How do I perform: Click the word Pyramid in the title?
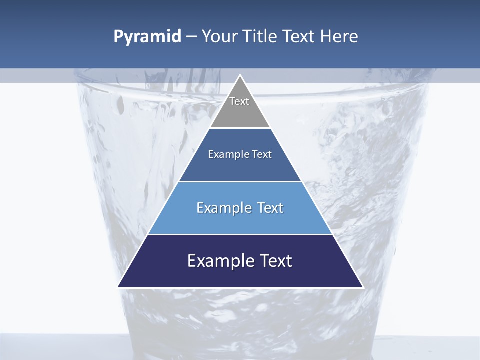[x=147, y=37]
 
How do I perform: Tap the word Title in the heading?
[x=259, y=37]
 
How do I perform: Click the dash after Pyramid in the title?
[x=191, y=37]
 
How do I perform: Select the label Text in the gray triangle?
[x=239, y=101]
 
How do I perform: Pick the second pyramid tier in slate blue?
[x=240, y=167]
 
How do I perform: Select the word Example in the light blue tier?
[x=222, y=208]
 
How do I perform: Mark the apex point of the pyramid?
[x=240, y=75]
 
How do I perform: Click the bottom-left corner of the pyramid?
[x=118, y=287]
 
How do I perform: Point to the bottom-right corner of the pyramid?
[x=363, y=287]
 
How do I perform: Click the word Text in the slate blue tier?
[x=262, y=154]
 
